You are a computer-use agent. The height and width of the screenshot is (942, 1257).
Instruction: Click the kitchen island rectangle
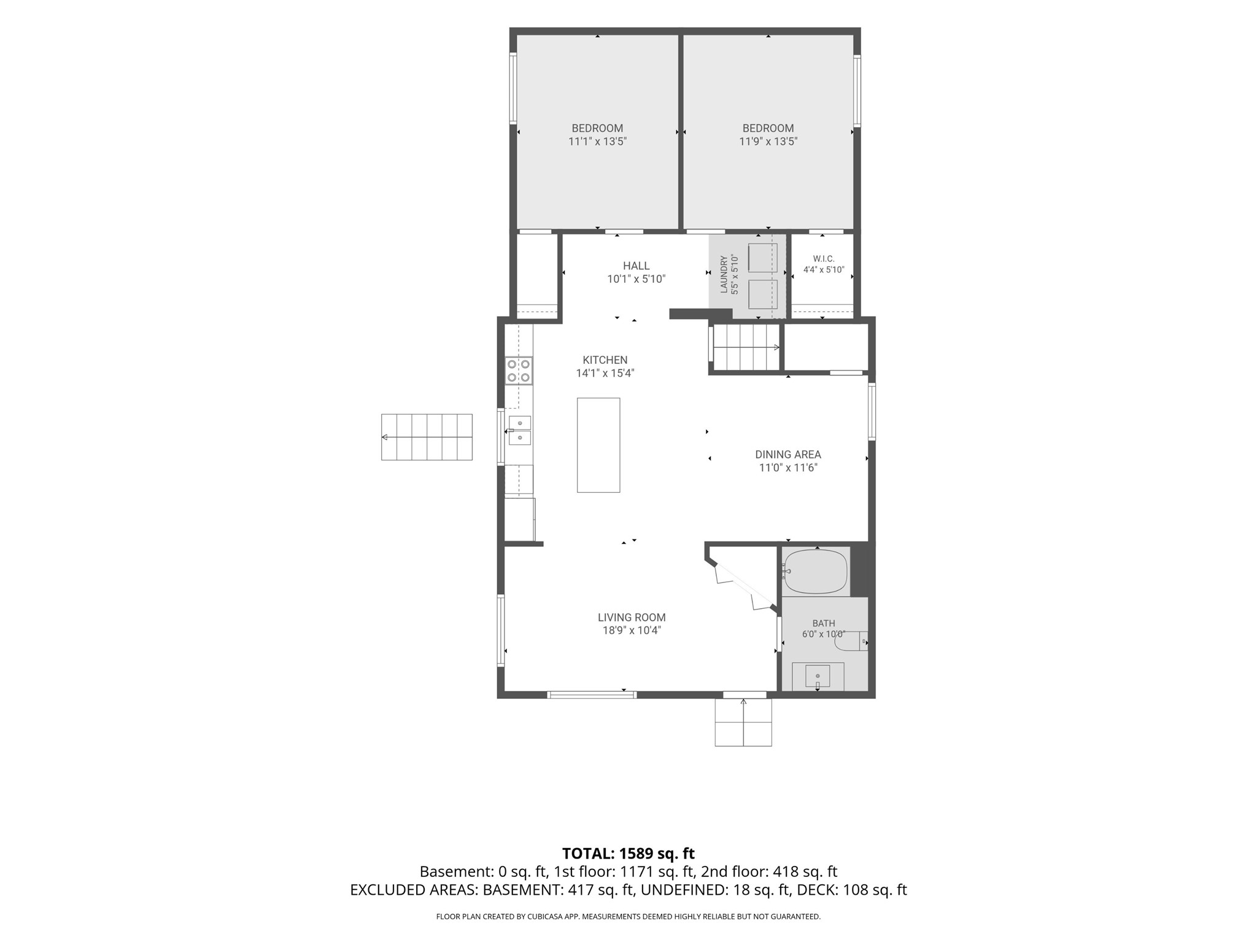(598, 445)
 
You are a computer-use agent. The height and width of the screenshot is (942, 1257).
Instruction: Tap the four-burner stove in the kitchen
(519, 371)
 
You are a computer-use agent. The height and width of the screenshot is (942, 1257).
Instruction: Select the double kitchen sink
(519, 430)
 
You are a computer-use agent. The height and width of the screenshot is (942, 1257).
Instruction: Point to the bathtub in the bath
(816, 571)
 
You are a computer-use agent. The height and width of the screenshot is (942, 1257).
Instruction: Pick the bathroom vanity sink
(818, 676)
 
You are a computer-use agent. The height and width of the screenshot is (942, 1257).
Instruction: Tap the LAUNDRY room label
(724, 274)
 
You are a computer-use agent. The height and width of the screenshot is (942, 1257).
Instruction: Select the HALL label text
(636, 266)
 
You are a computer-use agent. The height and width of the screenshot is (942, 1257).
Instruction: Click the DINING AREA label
(788, 455)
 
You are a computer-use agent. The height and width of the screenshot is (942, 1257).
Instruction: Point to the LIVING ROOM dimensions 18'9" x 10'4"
(632, 630)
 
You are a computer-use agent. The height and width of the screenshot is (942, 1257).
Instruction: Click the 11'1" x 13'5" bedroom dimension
(597, 142)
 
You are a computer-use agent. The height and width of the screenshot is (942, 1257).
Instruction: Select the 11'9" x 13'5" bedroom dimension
(768, 142)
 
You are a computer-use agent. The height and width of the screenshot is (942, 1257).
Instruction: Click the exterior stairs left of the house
(427, 437)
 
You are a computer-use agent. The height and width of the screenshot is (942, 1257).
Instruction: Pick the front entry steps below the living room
(743, 722)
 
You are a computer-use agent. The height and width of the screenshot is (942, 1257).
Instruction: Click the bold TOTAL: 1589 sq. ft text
(628, 854)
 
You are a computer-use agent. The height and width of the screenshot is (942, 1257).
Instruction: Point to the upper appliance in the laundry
(763, 258)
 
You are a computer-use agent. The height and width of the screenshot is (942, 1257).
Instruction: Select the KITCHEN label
(605, 360)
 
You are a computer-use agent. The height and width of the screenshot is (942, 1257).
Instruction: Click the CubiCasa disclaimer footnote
(628, 917)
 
